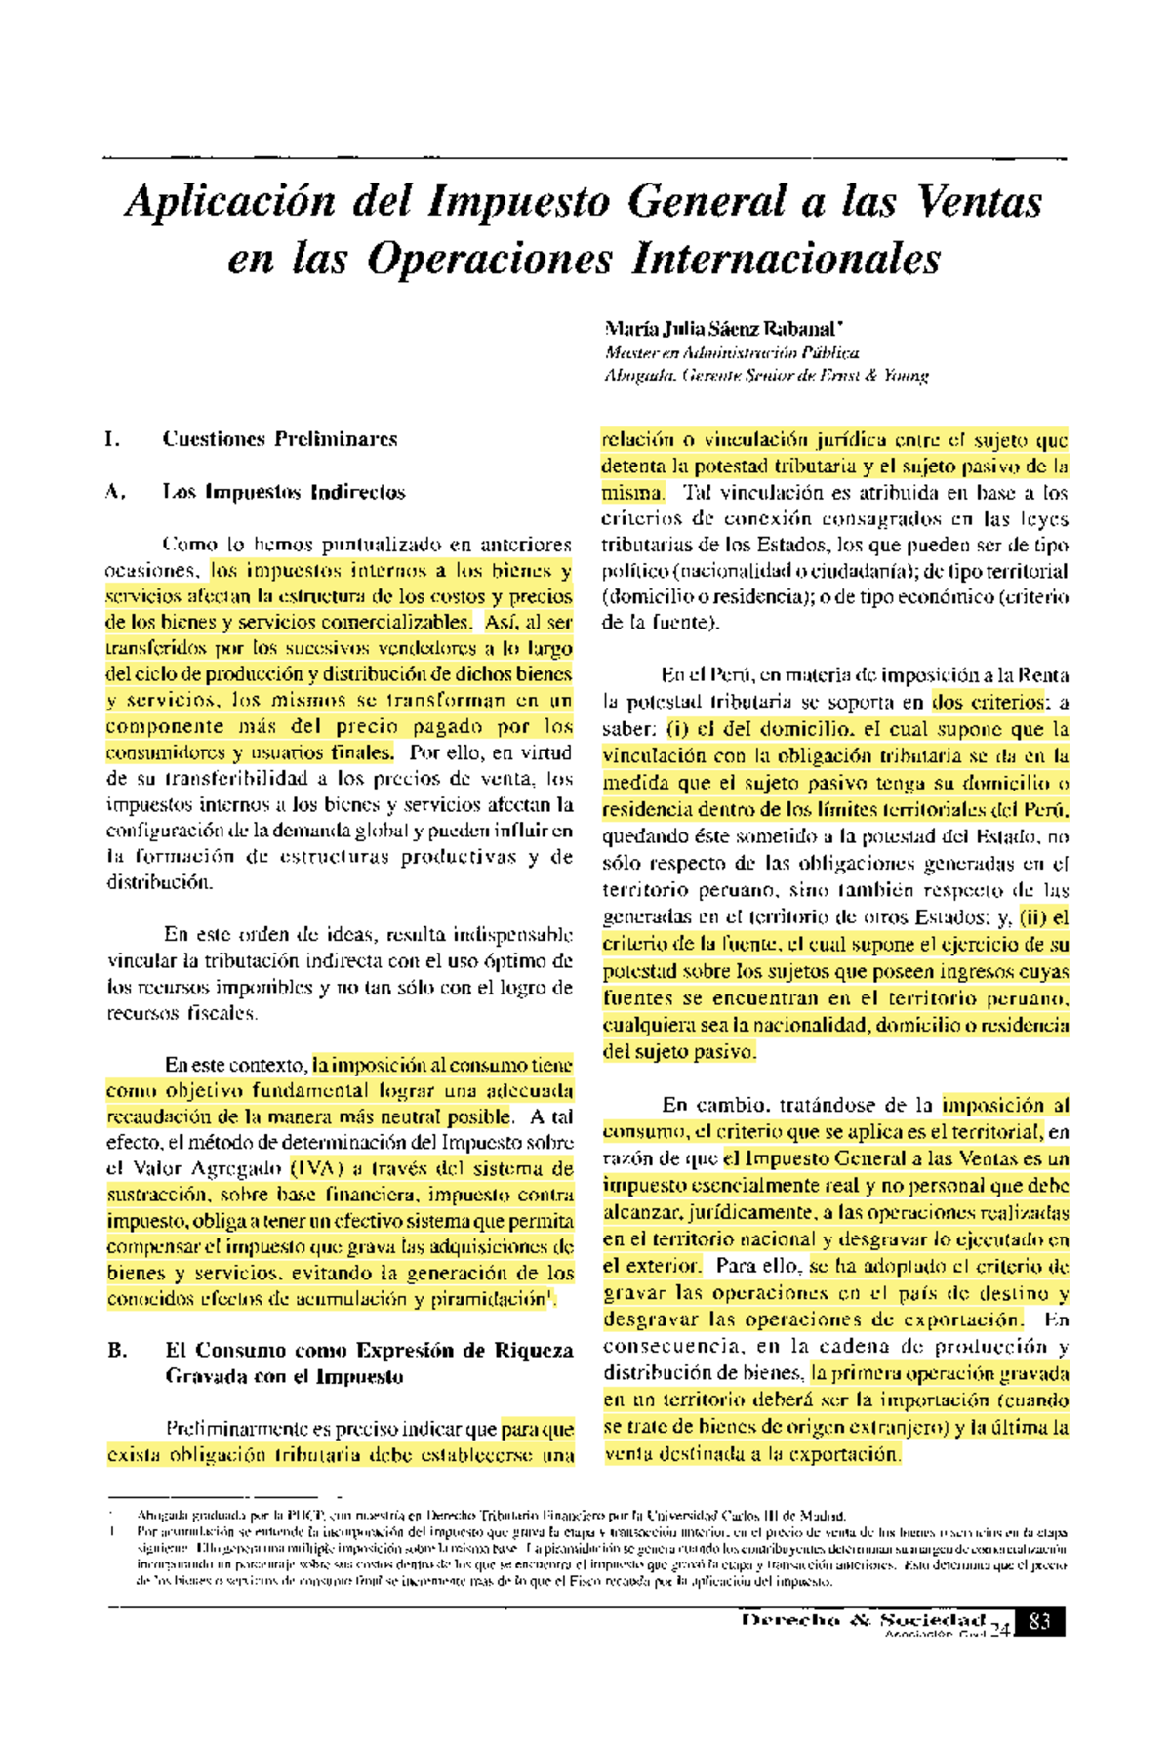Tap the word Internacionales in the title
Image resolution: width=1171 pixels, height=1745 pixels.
click(787, 259)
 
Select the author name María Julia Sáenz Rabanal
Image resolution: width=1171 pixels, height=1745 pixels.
click(722, 329)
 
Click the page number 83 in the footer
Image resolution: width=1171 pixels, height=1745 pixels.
click(1039, 1622)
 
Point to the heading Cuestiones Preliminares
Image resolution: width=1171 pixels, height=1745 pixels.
click(280, 439)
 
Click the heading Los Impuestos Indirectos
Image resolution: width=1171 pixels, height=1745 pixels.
click(284, 492)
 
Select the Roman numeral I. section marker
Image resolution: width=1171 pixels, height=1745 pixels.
click(113, 439)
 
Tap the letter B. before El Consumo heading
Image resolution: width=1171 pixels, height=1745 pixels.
click(117, 1351)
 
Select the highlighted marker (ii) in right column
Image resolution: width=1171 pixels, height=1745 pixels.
click(1032, 917)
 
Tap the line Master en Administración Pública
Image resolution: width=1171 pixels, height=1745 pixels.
click(732, 352)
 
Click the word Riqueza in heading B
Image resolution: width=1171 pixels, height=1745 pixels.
click(533, 1351)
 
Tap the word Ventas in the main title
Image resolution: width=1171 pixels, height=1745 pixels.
click(980, 202)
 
